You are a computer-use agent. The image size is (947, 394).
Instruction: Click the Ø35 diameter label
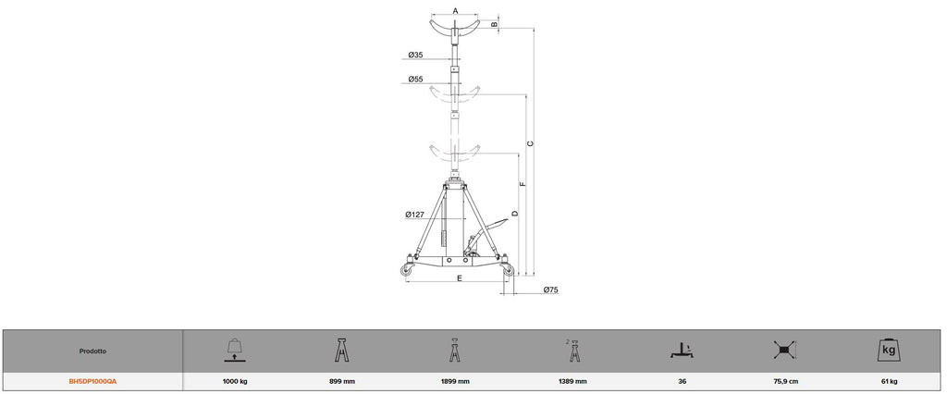pos(415,55)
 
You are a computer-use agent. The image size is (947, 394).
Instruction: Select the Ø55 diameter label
pos(415,80)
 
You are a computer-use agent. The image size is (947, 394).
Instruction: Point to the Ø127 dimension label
pos(415,215)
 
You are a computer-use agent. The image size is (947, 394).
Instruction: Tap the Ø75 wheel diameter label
pos(550,290)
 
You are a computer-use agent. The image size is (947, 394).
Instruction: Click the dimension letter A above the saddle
pos(455,10)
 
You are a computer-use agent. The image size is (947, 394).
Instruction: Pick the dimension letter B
pos(494,24)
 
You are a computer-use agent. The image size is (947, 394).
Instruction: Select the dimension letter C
pos(530,144)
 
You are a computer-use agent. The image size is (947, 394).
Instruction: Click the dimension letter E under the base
pos(459,278)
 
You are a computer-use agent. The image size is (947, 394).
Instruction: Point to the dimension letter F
pos(523,184)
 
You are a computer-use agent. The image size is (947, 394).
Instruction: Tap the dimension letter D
pos(514,214)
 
